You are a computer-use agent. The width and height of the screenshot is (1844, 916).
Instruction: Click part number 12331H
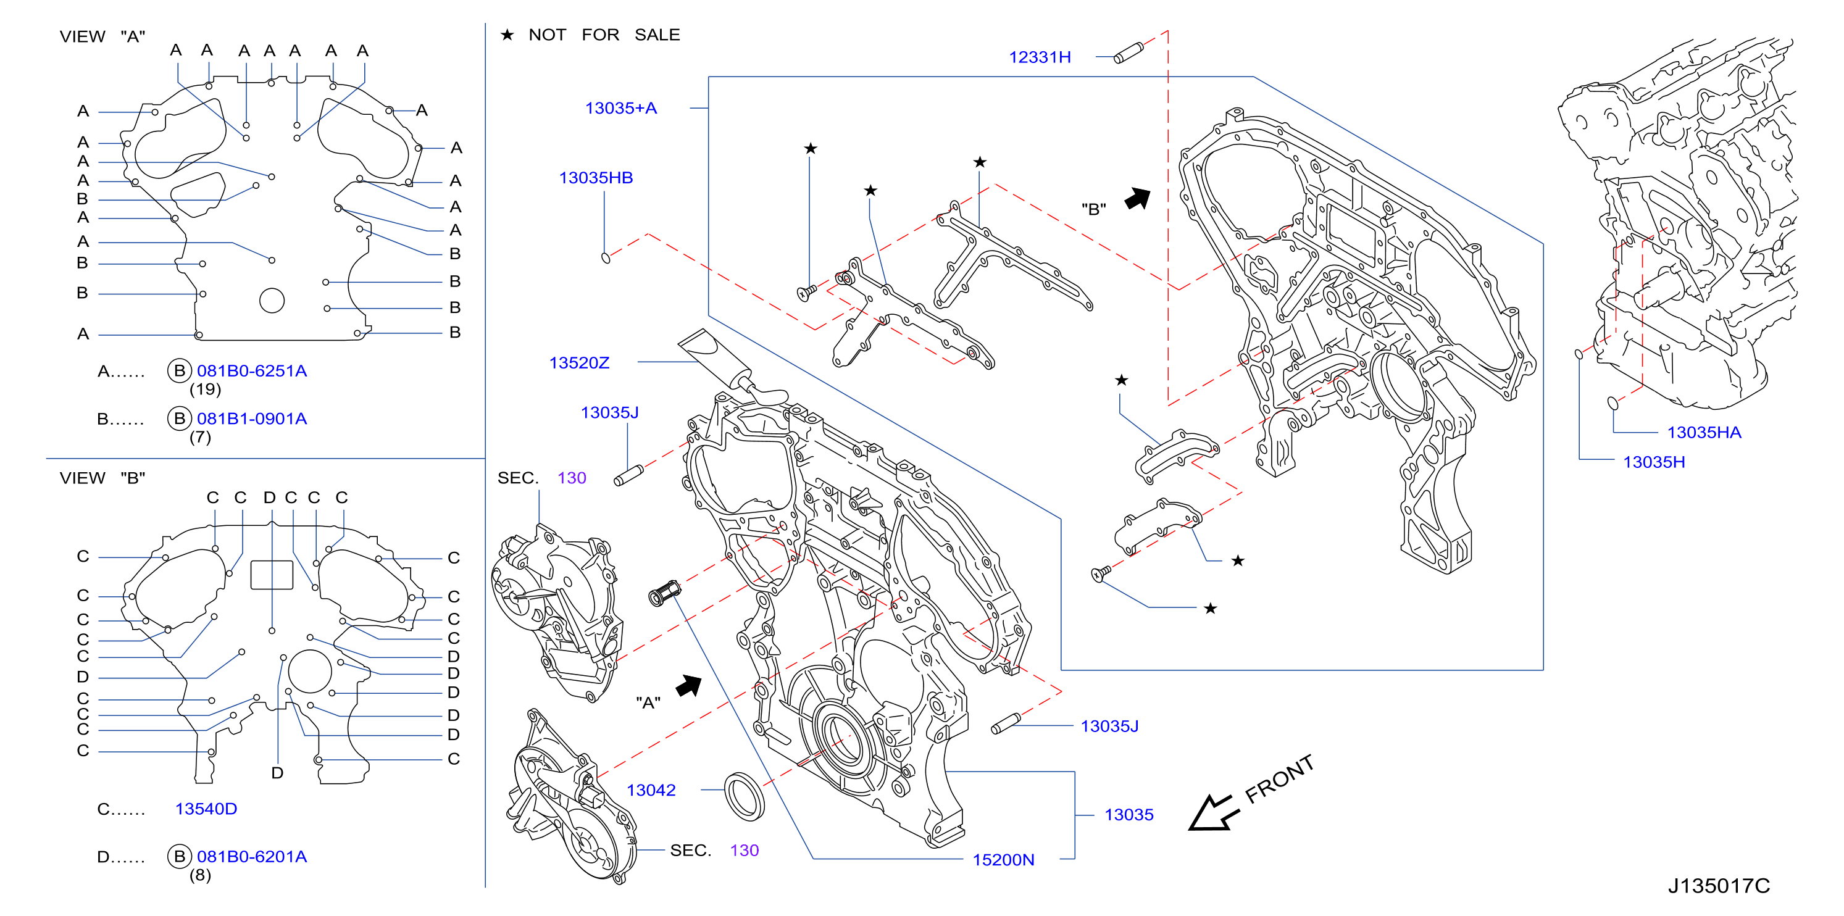(1040, 57)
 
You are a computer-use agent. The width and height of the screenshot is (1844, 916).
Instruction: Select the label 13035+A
(620, 108)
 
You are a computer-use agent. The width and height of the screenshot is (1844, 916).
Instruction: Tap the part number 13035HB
(596, 178)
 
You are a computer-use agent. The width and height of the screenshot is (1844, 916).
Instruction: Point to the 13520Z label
(579, 363)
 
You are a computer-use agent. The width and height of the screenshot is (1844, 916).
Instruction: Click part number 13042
(651, 790)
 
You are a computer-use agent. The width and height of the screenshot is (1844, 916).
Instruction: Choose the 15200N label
(1003, 859)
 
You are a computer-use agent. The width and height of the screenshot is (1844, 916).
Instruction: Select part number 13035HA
(1704, 432)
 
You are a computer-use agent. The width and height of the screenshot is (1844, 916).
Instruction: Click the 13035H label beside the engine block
(1654, 462)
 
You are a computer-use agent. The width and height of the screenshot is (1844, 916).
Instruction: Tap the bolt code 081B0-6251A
(252, 371)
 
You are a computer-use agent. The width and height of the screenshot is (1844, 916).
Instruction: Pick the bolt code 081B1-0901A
(252, 418)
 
